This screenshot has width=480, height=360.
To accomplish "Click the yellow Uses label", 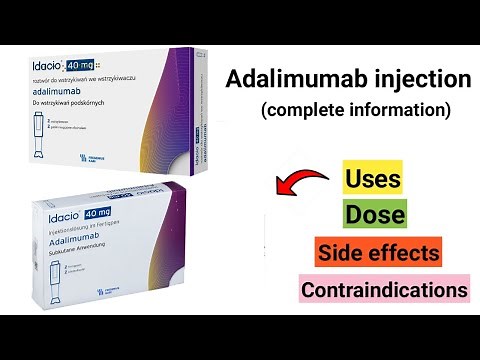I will pos(373,180).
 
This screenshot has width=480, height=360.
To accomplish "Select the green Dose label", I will pos(374,215).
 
